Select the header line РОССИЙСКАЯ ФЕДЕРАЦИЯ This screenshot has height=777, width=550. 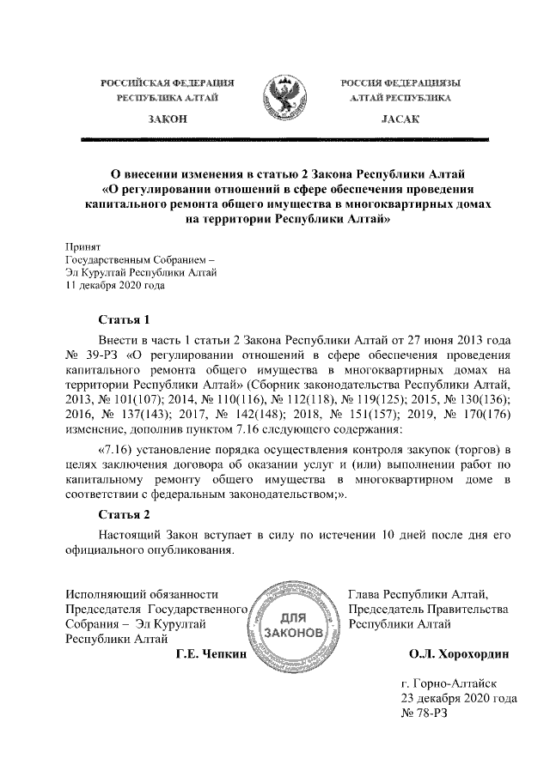[x=168, y=82]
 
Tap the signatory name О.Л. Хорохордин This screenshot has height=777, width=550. [x=459, y=654]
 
